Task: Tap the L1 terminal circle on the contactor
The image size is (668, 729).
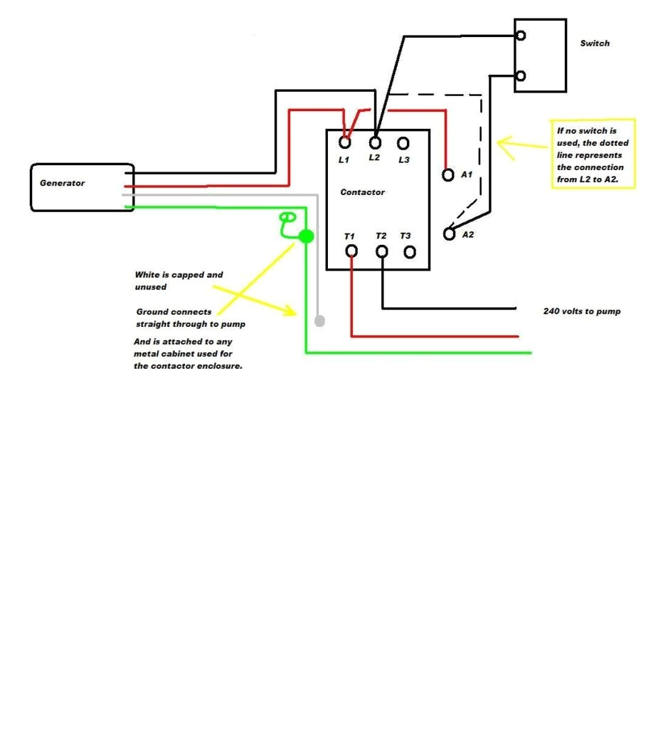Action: coord(345,142)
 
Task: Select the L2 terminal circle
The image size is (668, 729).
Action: coord(375,142)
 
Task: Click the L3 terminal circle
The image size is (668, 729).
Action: coord(403,143)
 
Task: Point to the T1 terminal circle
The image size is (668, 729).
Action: coord(351,251)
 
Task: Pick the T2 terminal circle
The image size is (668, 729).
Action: coord(382,251)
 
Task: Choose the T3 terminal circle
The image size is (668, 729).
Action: coord(410,251)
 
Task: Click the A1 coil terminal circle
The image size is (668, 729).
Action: coord(448,174)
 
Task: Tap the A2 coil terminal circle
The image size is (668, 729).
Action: coord(449,234)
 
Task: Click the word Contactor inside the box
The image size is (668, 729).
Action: coord(362,192)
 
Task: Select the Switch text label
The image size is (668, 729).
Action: coord(595,43)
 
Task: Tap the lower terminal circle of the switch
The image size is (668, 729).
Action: coord(521,75)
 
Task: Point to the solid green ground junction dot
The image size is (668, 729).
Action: coord(306,236)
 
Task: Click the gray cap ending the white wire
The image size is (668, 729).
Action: coord(319,321)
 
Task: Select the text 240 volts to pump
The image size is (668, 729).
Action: coord(581,311)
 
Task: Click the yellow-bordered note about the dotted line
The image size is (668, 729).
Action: coord(593,153)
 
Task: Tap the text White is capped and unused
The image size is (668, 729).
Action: coord(179,280)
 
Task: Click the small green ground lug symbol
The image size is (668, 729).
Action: coord(287,217)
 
